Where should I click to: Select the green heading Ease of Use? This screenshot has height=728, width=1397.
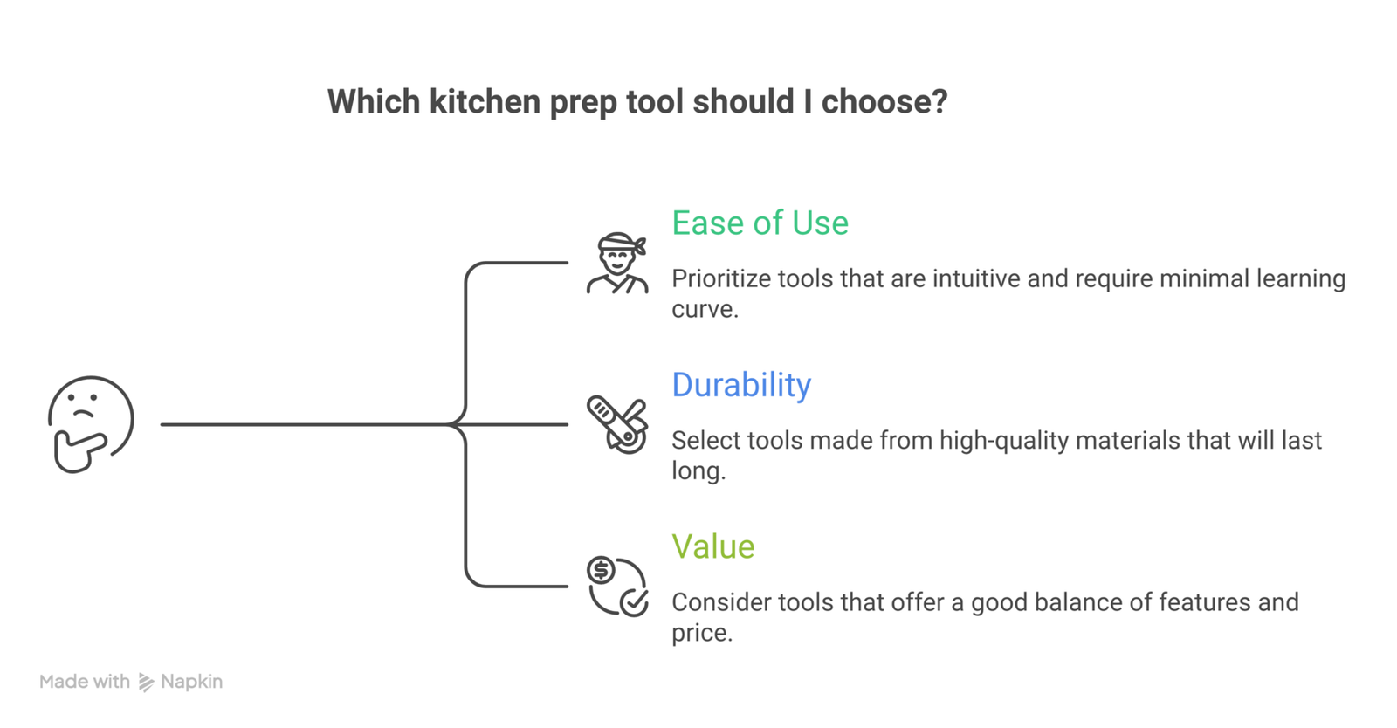760,223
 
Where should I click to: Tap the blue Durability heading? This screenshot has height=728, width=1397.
741,385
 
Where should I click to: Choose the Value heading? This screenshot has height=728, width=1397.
712,547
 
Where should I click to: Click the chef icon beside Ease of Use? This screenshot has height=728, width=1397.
617,264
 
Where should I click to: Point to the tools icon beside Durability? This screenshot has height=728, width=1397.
617,424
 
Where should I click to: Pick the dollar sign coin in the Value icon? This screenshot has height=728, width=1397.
601,570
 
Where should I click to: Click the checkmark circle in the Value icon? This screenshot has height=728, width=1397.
634,602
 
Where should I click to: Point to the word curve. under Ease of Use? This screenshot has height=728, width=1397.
705,310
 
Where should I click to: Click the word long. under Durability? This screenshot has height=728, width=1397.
698,471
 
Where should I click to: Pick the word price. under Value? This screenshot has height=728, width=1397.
702,633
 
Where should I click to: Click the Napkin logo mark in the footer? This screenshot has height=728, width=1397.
146,683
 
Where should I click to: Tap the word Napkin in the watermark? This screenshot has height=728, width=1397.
191,682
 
